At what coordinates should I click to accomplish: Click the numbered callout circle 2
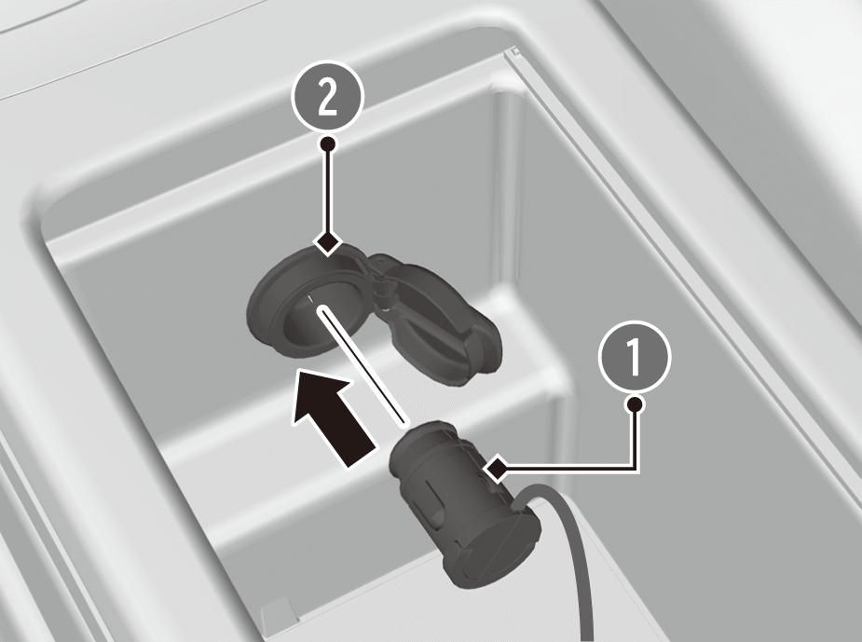328,97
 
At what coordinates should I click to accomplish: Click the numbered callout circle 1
635,356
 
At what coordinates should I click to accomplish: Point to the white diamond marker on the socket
328,242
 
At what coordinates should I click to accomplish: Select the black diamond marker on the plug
498,469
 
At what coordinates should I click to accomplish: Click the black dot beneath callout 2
328,144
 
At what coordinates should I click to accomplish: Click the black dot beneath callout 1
635,404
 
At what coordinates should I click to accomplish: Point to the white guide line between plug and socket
362,366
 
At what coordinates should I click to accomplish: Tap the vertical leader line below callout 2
328,192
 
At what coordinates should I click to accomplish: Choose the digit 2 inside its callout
328,97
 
